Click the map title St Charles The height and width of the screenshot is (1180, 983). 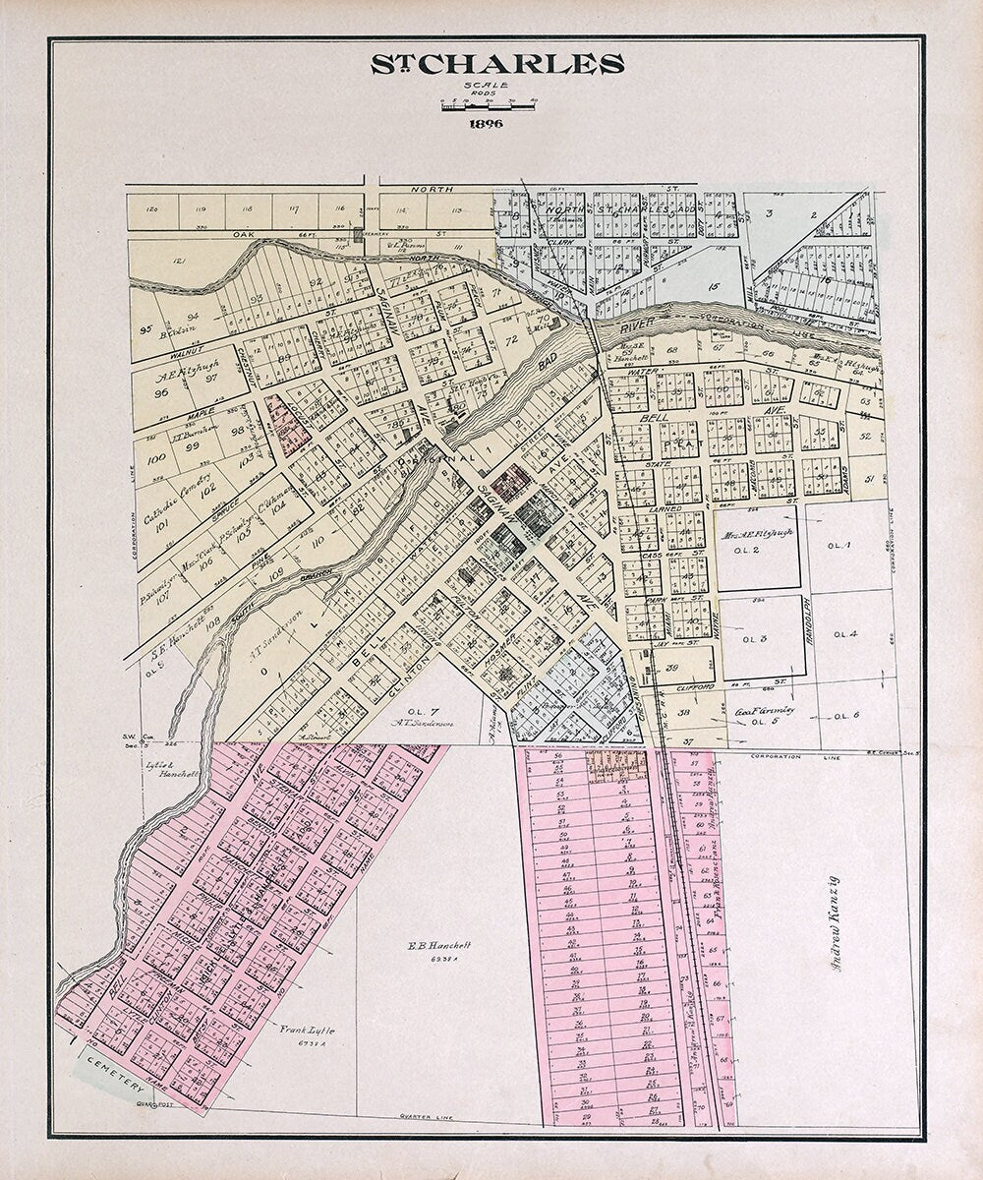click(496, 65)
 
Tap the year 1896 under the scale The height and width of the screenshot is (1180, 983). click(488, 124)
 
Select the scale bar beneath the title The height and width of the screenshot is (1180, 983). click(488, 105)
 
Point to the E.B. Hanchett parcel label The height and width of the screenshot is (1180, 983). click(439, 945)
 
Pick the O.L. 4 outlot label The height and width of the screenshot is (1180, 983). click(845, 634)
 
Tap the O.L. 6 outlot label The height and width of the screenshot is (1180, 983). click(845, 715)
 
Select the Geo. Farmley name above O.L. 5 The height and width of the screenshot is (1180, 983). click(764, 710)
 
